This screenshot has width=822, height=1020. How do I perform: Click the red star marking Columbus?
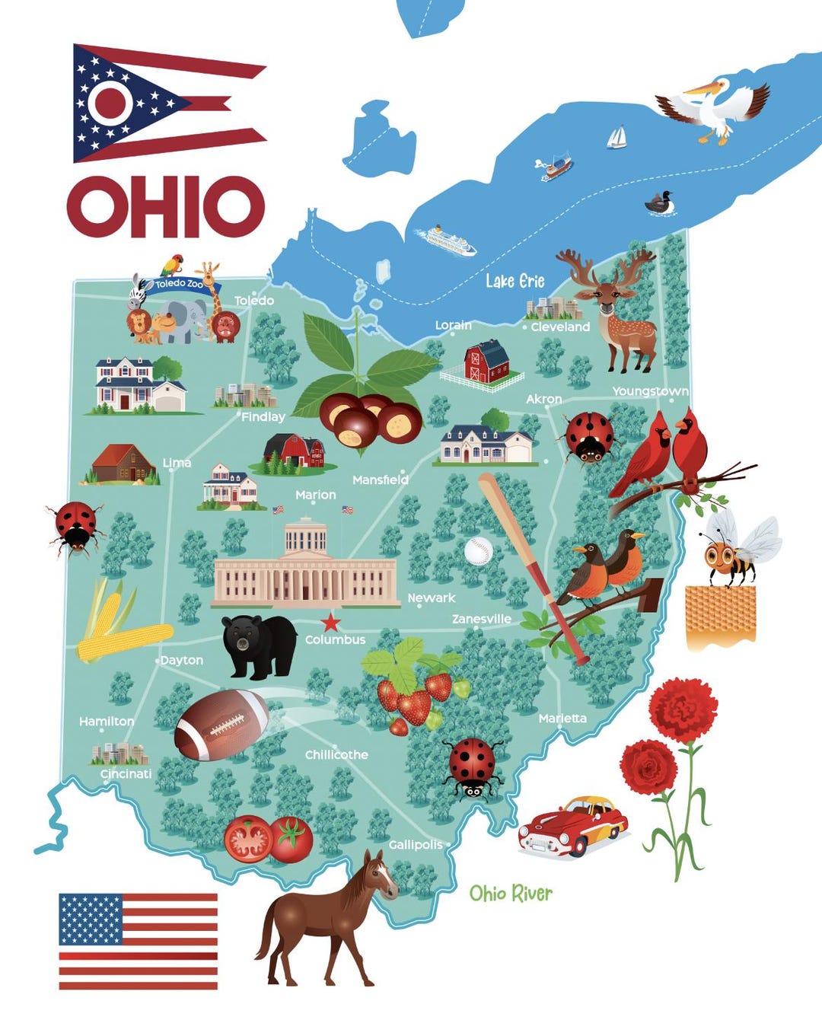click(330, 623)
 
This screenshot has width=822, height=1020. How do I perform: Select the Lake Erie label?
click(515, 281)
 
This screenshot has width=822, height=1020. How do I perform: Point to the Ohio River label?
click(511, 893)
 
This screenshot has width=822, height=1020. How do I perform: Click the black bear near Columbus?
click(259, 645)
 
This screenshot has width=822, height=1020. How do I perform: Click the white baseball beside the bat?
click(479, 550)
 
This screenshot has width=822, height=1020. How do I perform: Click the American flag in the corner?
click(138, 941)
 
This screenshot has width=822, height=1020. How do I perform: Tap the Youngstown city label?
click(650, 391)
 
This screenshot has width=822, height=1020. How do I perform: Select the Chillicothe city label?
click(336, 754)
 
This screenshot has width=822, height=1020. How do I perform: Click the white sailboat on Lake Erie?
click(616, 137)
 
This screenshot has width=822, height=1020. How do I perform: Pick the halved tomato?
click(247, 839)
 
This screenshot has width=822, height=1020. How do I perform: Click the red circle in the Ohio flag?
click(111, 102)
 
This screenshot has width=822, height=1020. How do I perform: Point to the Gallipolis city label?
click(415, 845)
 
